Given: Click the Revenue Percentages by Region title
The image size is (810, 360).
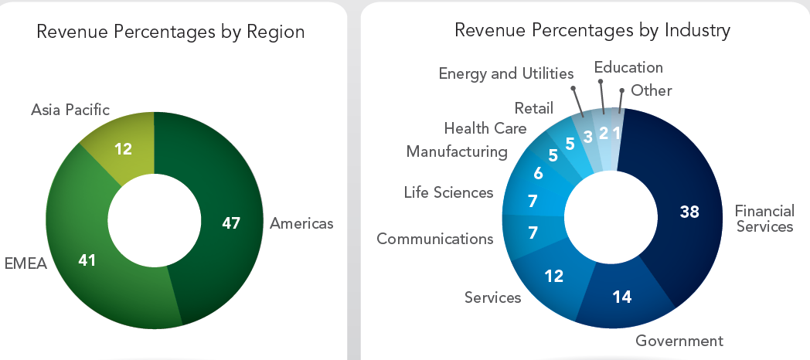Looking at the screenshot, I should [x=171, y=32].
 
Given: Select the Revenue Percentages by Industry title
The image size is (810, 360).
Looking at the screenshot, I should [x=593, y=31].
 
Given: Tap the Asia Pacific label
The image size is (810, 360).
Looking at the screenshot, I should [x=70, y=110].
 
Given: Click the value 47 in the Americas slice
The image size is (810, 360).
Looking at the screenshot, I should [x=231, y=223].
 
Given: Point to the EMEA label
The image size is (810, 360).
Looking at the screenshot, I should [x=26, y=263].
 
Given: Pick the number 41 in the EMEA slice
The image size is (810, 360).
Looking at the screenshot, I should [x=87, y=260].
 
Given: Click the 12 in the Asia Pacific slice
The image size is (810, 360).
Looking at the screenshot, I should [x=124, y=149].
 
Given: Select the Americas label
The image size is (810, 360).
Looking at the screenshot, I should [x=301, y=223].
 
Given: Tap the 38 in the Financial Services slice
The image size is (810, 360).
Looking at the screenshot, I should [x=690, y=211].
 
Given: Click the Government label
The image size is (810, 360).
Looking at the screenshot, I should [x=679, y=341].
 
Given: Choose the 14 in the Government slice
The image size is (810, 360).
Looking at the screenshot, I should [x=623, y=295].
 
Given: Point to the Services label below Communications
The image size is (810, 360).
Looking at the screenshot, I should [x=492, y=297].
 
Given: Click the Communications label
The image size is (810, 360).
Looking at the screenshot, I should [x=435, y=239].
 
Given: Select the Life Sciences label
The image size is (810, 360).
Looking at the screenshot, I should [x=448, y=192].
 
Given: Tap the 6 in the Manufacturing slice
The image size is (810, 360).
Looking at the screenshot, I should [x=538, y=173].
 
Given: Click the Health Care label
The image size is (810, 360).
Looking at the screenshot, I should [x=485, y=128].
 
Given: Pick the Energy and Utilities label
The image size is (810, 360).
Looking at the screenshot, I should [x=506, y=73].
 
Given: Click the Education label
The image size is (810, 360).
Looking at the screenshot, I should [x=628, y=67].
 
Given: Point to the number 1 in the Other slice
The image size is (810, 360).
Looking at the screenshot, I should [x=616, y=132].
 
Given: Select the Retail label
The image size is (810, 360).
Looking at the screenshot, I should [x=533, y=107].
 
